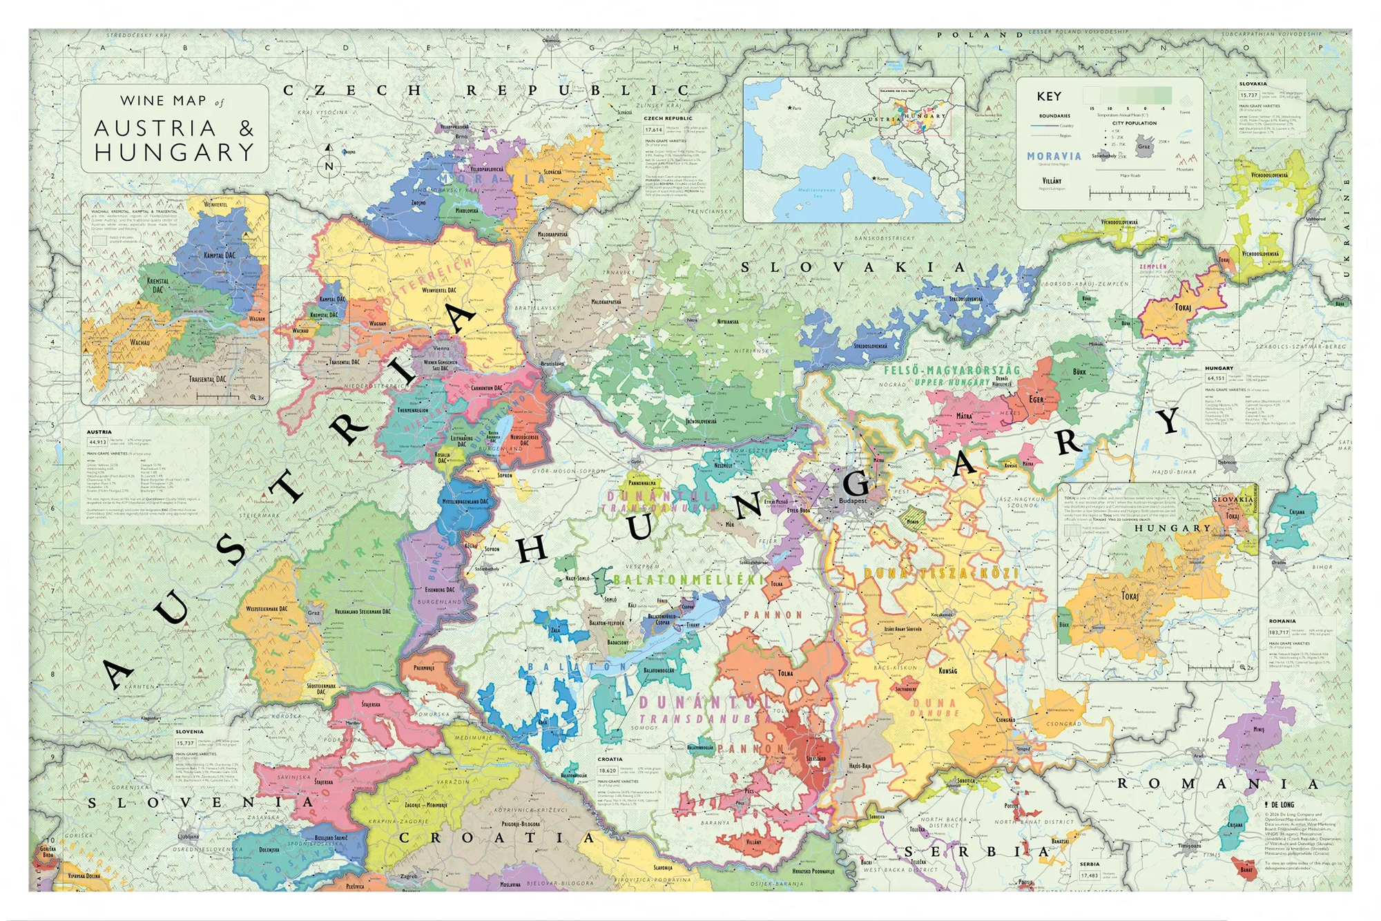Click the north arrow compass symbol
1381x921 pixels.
[329, 159]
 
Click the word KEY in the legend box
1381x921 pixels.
[1049, 97]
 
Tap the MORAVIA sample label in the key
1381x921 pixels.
[1054, 157]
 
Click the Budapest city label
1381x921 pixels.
[853, 501]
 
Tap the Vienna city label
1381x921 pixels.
[441, 349]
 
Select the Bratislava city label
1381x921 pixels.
[552, 363]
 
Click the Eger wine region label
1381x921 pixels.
[1036, 399]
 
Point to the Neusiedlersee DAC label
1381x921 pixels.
[524, 440]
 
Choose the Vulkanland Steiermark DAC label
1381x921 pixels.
[363, 612]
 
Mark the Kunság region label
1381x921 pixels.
[947, 670]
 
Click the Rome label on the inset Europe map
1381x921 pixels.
[882, 179]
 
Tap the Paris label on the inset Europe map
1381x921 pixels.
[795, 108]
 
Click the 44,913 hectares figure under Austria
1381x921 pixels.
[97, 442]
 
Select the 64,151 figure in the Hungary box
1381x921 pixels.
[1216, 378]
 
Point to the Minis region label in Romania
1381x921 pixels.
[1258, 729]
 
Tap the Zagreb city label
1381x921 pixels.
[409, 876]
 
